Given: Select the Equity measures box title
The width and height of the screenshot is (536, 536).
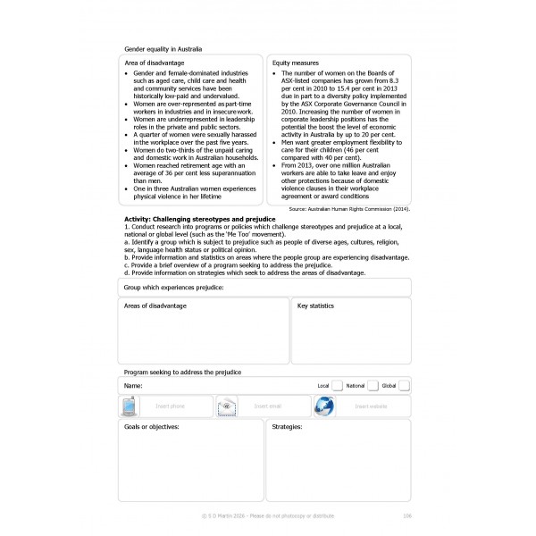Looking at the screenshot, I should click(297, 63).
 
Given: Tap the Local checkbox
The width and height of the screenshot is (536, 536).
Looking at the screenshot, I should click(338, 385).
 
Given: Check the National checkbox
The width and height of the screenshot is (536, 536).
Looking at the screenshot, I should click(372, 385).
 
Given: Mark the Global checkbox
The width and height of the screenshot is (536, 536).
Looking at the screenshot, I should click(405, 385).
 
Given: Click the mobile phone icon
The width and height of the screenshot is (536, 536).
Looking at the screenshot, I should click(128, 406).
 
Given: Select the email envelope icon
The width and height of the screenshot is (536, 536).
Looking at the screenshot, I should click(226, 406).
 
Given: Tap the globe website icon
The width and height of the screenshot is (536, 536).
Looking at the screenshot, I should click(323, 406).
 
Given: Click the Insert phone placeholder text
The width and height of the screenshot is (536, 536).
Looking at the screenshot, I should click(170, 406).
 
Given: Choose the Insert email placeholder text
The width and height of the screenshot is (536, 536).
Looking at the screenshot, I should click(267, 406).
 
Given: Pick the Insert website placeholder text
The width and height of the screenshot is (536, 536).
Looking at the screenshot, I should click(371, 406).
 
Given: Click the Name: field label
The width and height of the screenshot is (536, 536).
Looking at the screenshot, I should click(132, 385).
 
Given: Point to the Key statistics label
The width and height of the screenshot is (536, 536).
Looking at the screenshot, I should click(315, 306).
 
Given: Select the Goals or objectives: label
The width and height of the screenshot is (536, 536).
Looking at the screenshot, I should click(152, 427).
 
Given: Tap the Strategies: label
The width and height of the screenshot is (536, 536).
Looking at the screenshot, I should click(287, 427).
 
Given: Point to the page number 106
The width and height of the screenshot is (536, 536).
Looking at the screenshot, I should click(407, 516).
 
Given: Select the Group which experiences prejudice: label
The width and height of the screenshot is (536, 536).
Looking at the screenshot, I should click(173, 287).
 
